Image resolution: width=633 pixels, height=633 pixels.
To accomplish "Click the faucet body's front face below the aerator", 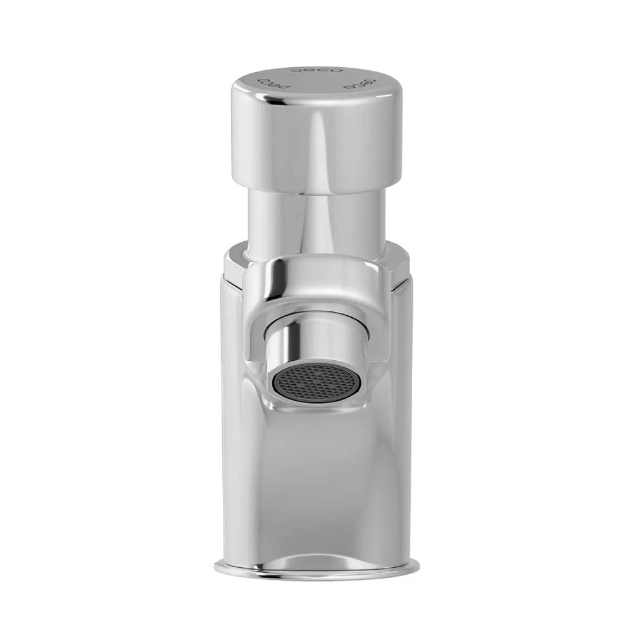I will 316,481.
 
